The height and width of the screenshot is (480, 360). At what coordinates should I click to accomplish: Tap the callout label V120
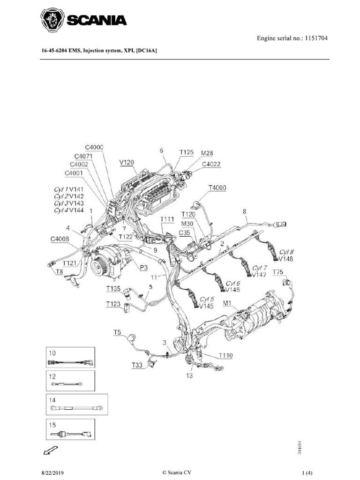coord(127,162)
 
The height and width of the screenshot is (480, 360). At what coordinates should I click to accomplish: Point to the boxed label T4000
coord(217,188)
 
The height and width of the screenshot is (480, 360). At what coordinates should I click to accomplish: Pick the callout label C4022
coord(211,164)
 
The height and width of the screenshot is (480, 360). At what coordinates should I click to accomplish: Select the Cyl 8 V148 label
coord(285,255)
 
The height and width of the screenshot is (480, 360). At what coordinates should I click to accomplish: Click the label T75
coord(278,272)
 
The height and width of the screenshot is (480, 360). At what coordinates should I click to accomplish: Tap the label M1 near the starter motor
coord(227,303)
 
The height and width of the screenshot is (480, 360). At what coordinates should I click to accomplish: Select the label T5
coord(117,332)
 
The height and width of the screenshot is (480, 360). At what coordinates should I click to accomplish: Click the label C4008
coord(60,238)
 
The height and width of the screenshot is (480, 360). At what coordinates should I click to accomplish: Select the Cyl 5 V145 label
coord(206,303)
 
